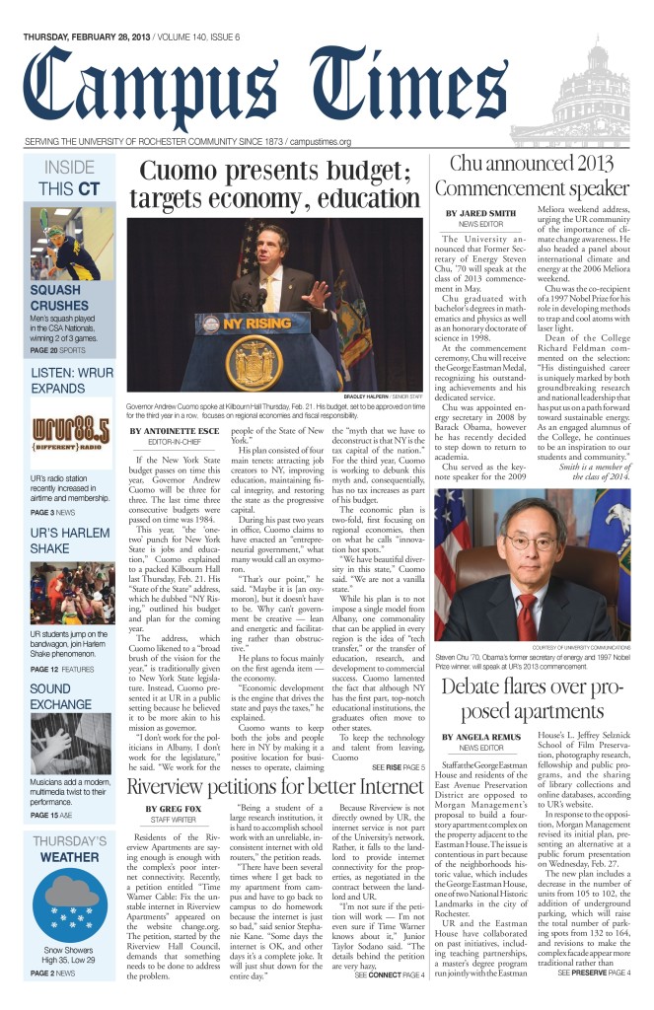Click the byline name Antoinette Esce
(174, 431)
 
